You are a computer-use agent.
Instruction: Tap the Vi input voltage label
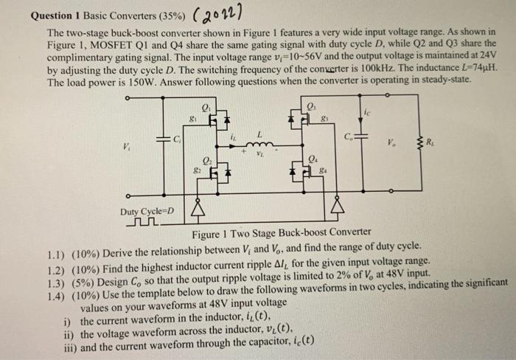pyautogui.click(x=130, y=145)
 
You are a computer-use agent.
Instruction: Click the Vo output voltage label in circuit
pyautogui.click(x=403, y=145)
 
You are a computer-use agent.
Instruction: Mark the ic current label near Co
pyautogui.click(x=366, y=112)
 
